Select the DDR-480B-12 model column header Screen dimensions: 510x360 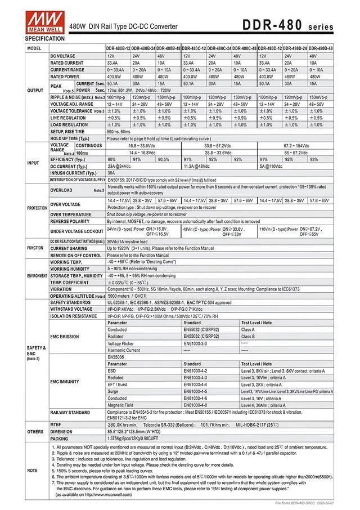(x=118, y=49)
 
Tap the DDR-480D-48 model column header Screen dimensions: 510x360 (x=321, y=49)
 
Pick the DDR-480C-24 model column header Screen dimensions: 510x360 (x=219, y=49)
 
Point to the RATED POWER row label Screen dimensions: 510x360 (x=65, y=77)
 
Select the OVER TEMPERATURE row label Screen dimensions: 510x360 (x=71, y=214)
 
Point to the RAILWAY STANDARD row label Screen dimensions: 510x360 (x=70, y=413)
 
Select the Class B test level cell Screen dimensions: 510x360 (x=248, y=336)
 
